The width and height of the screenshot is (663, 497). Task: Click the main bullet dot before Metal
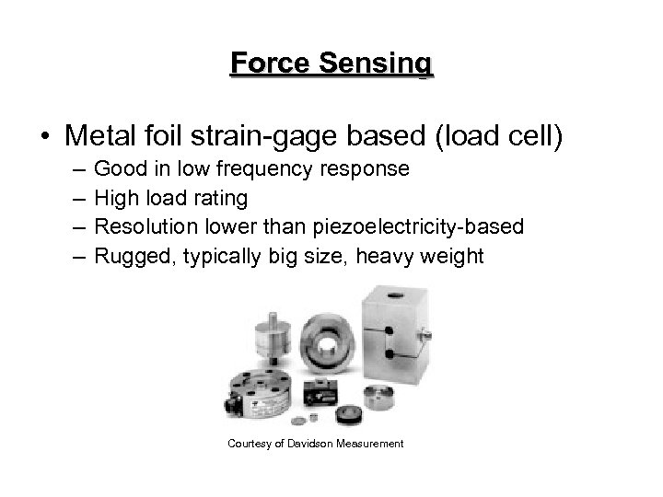[x=45, y=137]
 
